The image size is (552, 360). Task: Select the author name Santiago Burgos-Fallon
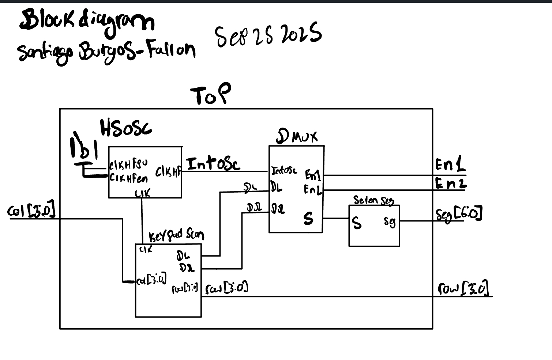click(106, 53)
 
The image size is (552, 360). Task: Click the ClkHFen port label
click(129, 178)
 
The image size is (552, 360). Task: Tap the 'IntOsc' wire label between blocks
click(213, 164)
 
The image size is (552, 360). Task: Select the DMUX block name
click(297, 137)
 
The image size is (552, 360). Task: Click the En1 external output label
click(450, 165)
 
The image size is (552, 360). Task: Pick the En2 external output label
click(451, 183)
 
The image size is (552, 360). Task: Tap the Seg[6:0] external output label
click(459, 214)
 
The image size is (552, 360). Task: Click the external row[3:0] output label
click(463, 288)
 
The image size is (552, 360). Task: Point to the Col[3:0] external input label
click(31, 211)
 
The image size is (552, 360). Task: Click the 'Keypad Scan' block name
click(176, 235)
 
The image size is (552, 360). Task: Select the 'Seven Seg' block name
click(373, 200)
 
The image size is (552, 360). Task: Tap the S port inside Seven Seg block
click(356, 223)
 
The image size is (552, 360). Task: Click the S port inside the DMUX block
click(308, 219)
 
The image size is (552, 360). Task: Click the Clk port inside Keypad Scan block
click(146, 250)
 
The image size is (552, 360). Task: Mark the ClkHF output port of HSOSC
click(168, 172)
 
